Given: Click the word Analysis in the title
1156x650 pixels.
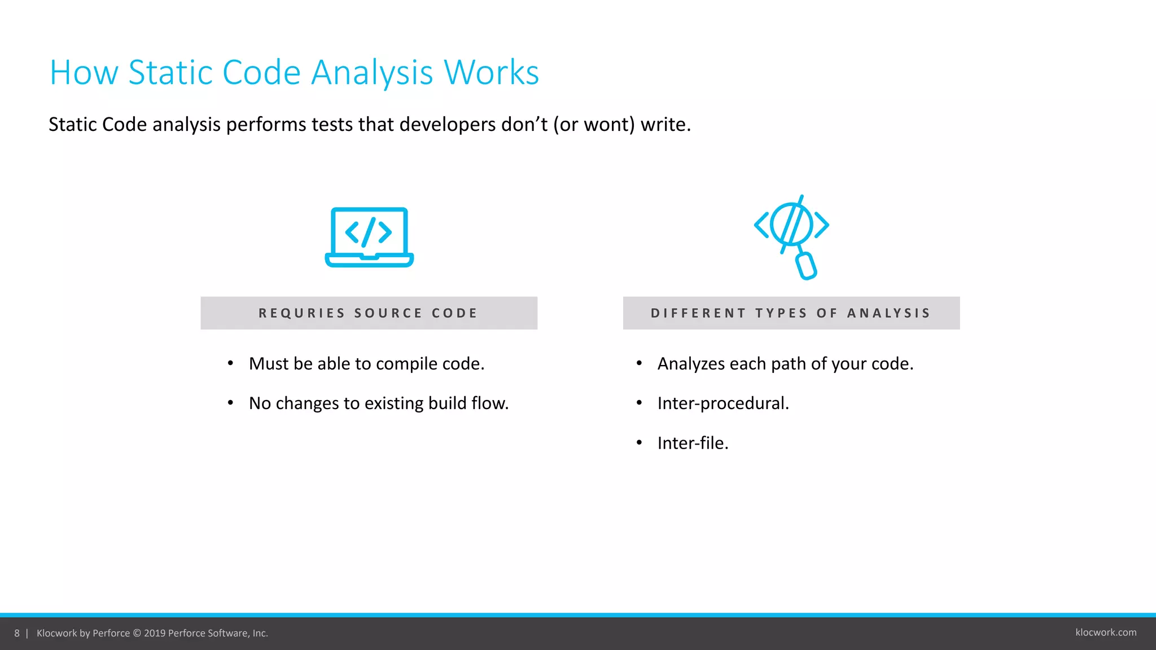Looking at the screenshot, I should coord(372,73).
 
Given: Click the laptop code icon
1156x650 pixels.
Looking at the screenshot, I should coord(369,237).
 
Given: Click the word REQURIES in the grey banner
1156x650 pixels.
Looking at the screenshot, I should coord(301,313).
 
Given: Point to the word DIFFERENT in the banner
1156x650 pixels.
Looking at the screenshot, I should coord(698,313).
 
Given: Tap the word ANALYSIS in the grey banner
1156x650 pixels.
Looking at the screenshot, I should coord(888,313).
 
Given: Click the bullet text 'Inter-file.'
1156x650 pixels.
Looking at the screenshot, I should coord(693,443).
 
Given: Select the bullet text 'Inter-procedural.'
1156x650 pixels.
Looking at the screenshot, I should coord(722,403).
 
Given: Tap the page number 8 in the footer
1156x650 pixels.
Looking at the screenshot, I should coord(17,633).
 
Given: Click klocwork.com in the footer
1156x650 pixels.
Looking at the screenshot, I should coord(1106,633).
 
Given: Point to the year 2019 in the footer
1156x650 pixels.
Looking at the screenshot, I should coord(155,633).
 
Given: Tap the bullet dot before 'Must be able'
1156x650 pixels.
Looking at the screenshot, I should coord(230,363).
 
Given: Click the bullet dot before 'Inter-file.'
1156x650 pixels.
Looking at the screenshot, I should coord(639,443).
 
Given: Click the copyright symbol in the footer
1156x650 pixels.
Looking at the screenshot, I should coord(137,633).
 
